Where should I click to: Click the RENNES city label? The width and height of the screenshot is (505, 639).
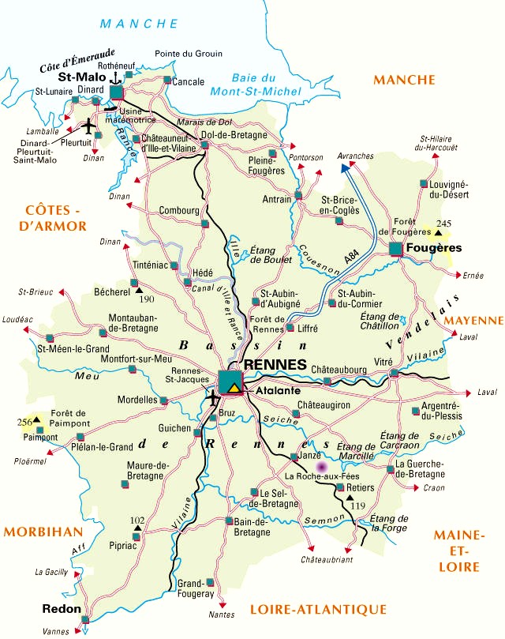click(275, 364)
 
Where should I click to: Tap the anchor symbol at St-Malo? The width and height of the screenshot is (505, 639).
click(116, 77)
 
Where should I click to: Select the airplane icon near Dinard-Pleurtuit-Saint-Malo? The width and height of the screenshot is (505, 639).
click(88, 126)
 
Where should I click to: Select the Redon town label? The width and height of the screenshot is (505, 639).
click(59, 609)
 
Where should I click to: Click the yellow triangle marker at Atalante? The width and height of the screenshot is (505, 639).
click(235, 388)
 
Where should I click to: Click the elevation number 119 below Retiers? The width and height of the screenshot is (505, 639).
click(357, 505)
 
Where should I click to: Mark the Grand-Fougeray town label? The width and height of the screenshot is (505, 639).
click(196, 588)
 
